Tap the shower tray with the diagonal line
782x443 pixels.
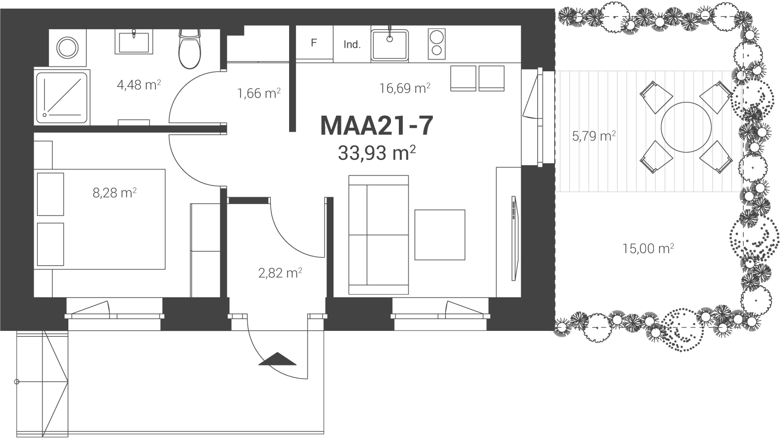[x=62, y=98]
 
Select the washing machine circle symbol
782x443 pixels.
[x=67, y=47]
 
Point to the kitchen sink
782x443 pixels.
[x=390, y=45]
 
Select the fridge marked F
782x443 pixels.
[x=314, y=43]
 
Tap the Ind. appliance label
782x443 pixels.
[x=352, y=44]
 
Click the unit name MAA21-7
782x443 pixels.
[x=377, y=126]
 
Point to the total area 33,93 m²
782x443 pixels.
[x=377, y=153]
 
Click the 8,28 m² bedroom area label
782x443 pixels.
[x=115, y=193]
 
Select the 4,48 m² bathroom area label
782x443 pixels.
[x=139, y=85]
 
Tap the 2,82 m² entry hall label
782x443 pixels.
[x=280, y=273]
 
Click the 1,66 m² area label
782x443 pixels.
[x=259, y=93]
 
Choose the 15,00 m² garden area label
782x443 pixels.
[x=648, y=249]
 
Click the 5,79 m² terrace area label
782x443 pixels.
[x=594, y=137]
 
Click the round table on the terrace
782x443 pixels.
[x=686, y=127]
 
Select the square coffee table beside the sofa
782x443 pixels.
[x=440, y=235]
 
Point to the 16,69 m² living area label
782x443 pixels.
[x=405, y=89]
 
